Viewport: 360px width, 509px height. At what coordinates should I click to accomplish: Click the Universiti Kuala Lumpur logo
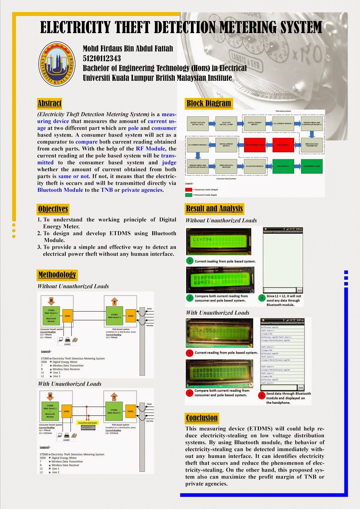57,64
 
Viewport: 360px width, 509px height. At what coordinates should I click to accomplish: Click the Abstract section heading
49,103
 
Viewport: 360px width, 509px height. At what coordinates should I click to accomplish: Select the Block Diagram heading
208,103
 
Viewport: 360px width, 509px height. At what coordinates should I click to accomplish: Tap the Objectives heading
53,209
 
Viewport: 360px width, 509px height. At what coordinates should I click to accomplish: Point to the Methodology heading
57,275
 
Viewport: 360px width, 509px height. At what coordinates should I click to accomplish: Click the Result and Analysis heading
214,209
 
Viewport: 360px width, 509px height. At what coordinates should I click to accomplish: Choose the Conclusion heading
202,418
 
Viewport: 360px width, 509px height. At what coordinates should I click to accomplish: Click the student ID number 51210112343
102,59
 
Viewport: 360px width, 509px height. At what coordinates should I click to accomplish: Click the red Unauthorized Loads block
255,145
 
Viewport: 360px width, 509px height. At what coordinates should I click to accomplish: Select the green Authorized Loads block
312,166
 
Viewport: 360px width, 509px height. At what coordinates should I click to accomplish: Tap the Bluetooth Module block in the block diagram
255,166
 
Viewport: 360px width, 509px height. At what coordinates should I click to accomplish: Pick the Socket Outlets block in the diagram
198,123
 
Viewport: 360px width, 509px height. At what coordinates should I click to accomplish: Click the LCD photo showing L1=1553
219,332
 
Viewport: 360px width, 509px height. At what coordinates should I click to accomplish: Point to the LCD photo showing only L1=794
219,241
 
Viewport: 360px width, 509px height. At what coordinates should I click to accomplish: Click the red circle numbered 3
261,395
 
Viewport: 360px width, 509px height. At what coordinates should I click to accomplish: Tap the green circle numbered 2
190,298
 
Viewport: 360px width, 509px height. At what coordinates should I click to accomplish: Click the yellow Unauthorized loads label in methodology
88,423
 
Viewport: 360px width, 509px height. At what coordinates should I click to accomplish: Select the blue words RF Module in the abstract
150,149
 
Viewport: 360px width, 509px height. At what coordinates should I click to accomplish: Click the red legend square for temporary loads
188,190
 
